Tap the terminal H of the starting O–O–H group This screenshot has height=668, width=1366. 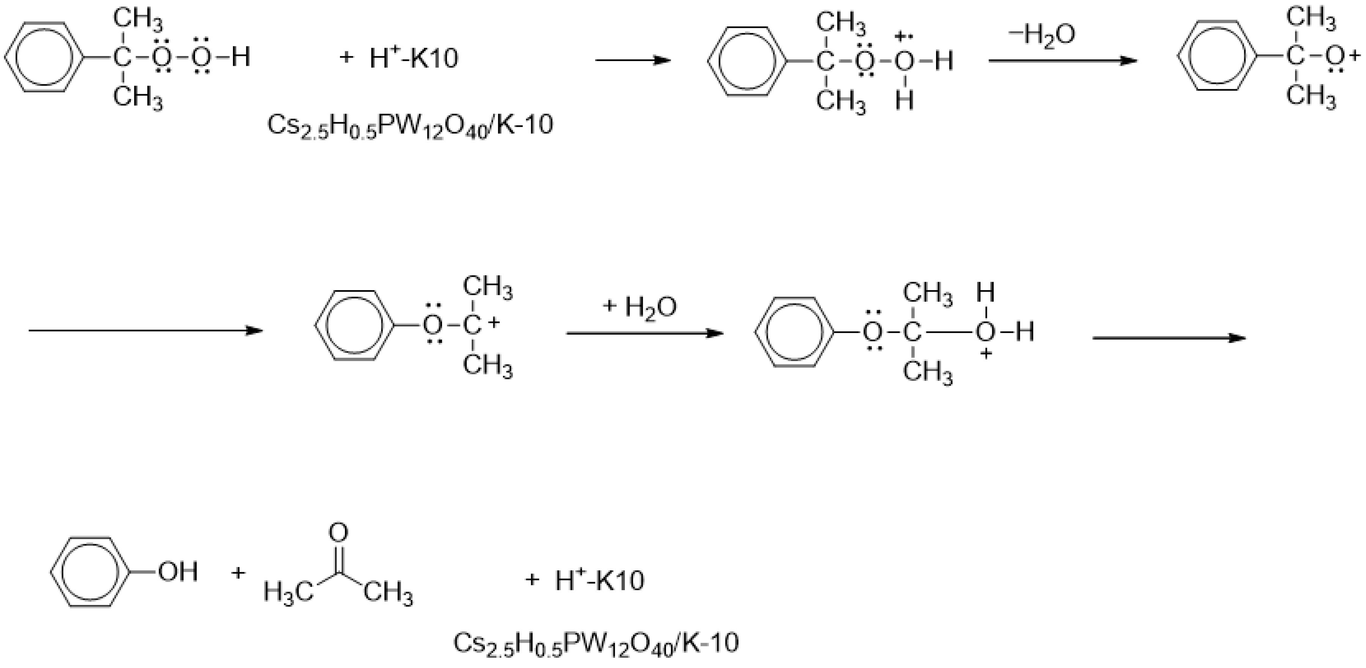[240, 57]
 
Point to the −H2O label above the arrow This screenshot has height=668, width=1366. [1041, 35]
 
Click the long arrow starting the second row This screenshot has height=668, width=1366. [146, 331]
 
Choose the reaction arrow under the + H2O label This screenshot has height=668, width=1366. [644, 333]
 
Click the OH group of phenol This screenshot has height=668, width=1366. [178, 572]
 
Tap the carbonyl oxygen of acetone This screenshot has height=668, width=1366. [338, 532]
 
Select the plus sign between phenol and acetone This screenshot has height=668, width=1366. [239, 573]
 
